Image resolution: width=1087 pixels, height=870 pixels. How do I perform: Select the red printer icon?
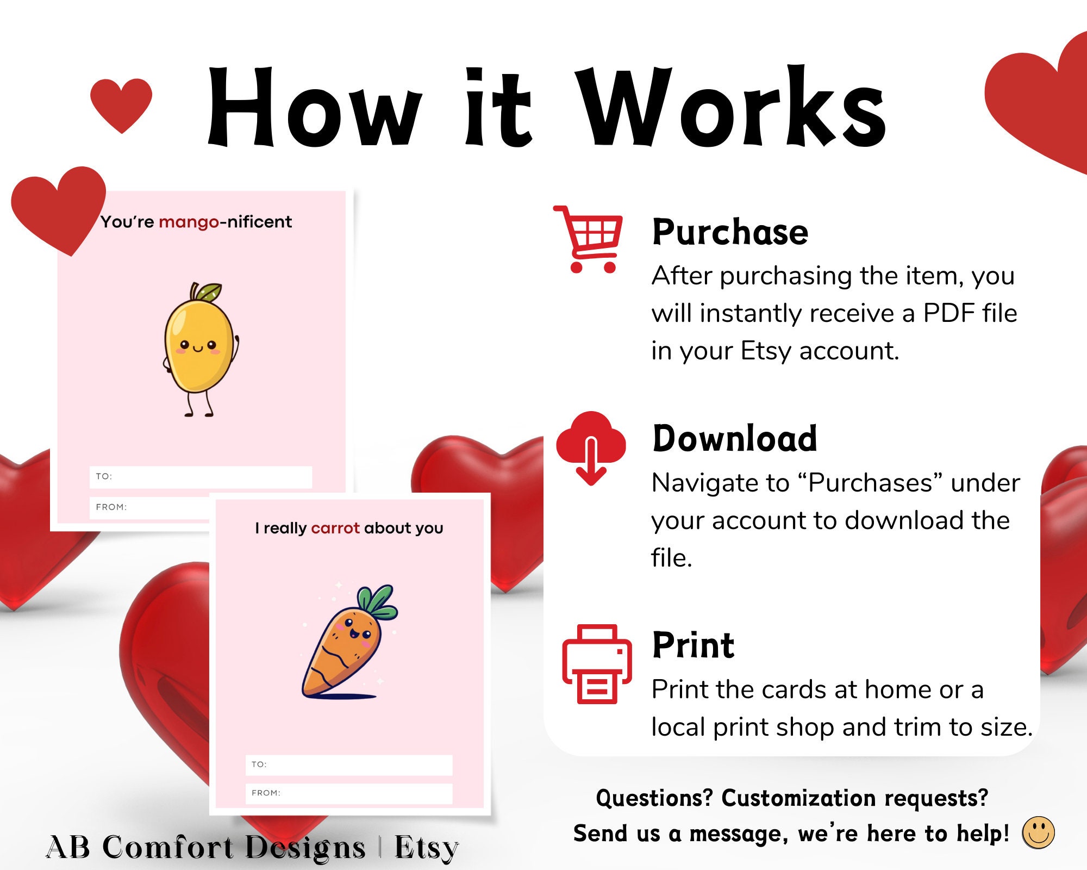tap(597, 664)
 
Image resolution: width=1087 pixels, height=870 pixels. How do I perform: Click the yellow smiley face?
tap(1038, 832)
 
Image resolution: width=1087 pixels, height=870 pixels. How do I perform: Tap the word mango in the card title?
tap(189, 222)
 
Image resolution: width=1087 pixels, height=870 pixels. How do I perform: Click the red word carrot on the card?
tap(335, 528)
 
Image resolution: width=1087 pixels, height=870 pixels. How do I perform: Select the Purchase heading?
tap(730, 232)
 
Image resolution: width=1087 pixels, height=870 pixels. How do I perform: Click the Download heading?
tap(734, 438)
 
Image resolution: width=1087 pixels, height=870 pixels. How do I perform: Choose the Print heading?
tap(693, 645)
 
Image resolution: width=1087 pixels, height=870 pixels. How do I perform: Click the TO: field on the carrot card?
tap(348, 765)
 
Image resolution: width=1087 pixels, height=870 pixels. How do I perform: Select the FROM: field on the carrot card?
tap(348, 793)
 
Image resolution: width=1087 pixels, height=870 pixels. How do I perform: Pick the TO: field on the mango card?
tap(201, 476)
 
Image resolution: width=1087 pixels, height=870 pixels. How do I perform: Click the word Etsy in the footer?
tap(427, 848)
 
